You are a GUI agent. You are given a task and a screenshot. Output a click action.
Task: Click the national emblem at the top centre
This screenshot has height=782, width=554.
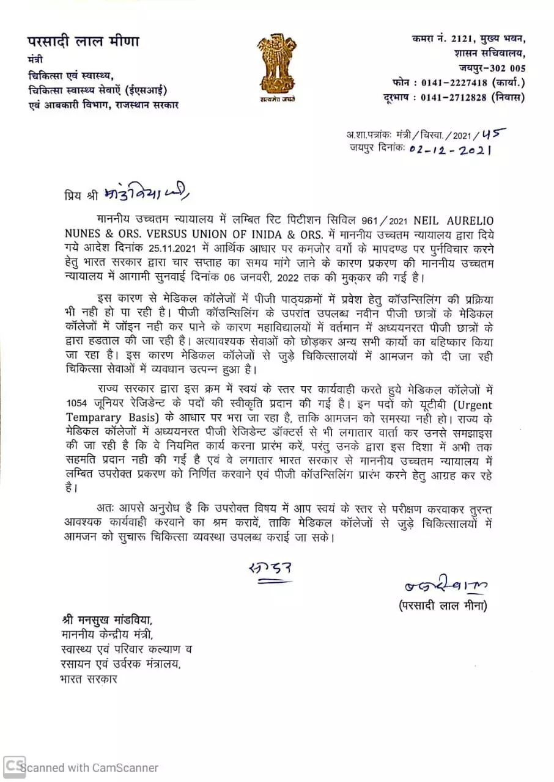[x=277, y=65]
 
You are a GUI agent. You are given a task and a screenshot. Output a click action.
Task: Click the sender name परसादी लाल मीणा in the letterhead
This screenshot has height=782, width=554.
[x=83, y=42]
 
